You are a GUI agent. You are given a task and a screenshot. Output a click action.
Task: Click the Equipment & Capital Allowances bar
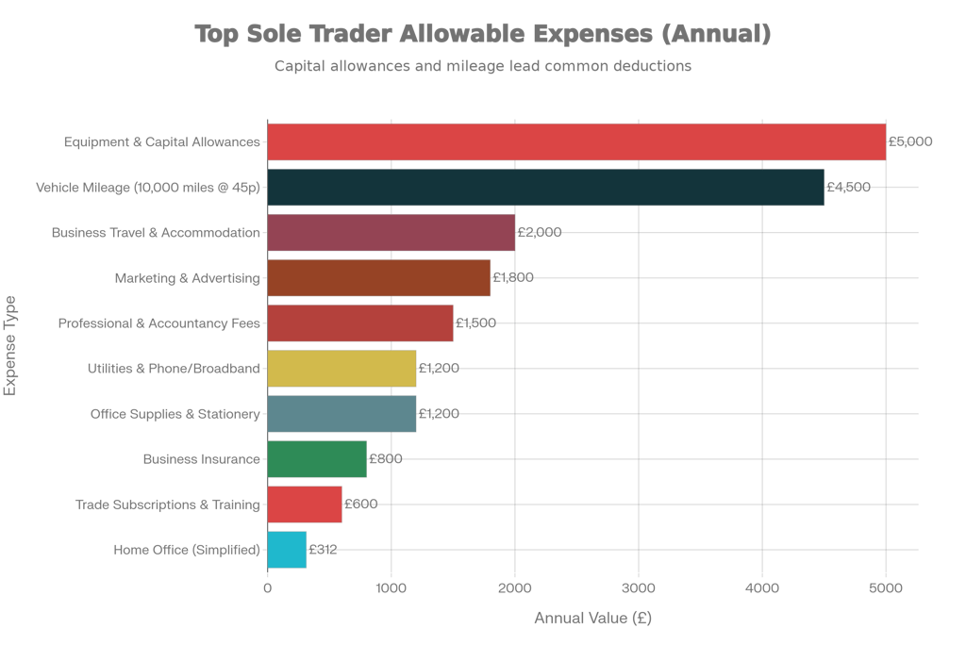tap(576, 141)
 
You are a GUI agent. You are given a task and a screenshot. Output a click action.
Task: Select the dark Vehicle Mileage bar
tap(546, 187)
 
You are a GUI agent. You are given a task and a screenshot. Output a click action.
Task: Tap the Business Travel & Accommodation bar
tap(391, 232)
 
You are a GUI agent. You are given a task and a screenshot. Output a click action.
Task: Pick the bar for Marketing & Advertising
tap(379, 277)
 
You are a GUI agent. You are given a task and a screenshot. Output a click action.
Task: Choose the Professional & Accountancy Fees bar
tap(360, 322)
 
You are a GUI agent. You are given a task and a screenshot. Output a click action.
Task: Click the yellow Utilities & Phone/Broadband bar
tap(341, 368)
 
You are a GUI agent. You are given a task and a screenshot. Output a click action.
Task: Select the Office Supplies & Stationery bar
tap(341, 413)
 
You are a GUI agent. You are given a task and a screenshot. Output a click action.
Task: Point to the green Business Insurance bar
tap(317, 459)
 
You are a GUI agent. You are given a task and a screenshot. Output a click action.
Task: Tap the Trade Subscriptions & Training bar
tap(305, 504)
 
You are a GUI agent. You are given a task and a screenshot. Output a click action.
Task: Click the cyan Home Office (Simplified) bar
tap(287, 550)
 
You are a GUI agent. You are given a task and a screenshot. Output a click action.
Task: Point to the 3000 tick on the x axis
tap(639, 589)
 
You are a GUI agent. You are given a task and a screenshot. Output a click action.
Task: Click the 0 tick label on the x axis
tap(268, 589)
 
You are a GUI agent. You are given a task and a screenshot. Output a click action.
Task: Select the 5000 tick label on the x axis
tap(885, 589)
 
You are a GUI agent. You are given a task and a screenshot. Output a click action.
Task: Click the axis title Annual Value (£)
tap(592, 619)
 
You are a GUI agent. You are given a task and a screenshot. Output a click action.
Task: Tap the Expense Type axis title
tap(9, 346)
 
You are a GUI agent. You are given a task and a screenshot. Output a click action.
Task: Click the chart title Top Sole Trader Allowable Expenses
tap(483, 34)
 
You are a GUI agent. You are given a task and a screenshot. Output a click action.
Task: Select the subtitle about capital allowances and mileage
tap(483, 66)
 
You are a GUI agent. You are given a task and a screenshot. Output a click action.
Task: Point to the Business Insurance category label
tap(201, 459)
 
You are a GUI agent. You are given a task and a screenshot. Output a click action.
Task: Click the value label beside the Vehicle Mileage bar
tap(848, 188)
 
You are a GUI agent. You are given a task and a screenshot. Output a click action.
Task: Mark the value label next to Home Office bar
tap(324, 550)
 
